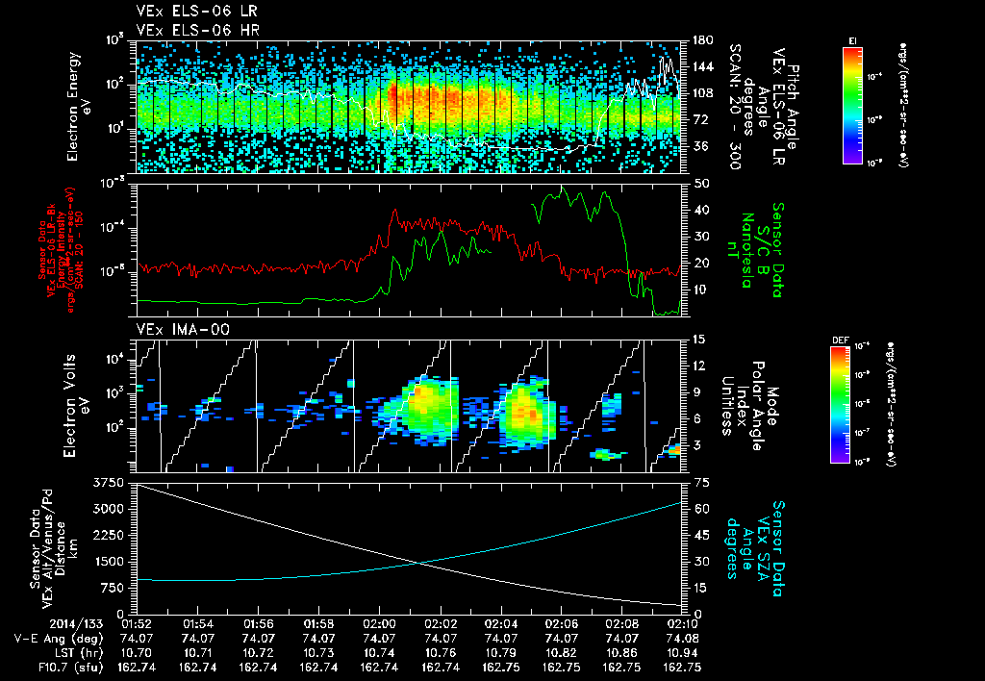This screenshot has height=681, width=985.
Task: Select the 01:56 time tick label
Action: (x=259, y=624)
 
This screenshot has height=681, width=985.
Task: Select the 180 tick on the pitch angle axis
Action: (x=701, y=40)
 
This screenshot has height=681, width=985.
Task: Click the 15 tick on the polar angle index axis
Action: (x=700, y=340)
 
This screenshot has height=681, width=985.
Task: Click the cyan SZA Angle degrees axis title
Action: (x=765, y=541)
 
